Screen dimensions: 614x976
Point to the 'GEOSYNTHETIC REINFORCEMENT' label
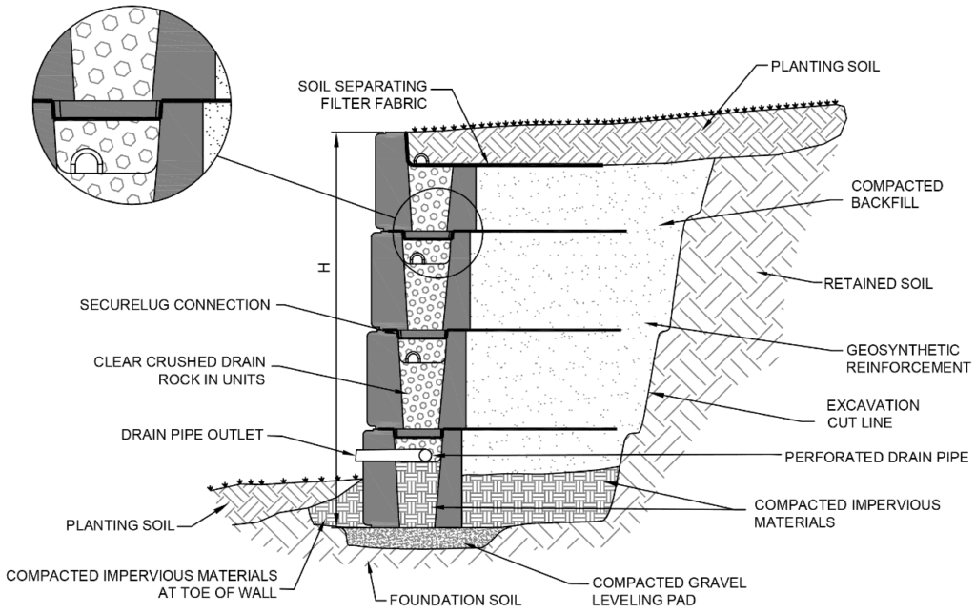click(x=895, y=358)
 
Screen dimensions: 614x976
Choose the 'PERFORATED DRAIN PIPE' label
click(x=876, y=458)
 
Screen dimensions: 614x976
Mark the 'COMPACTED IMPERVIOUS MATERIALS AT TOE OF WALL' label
click(x=143, y=583)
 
